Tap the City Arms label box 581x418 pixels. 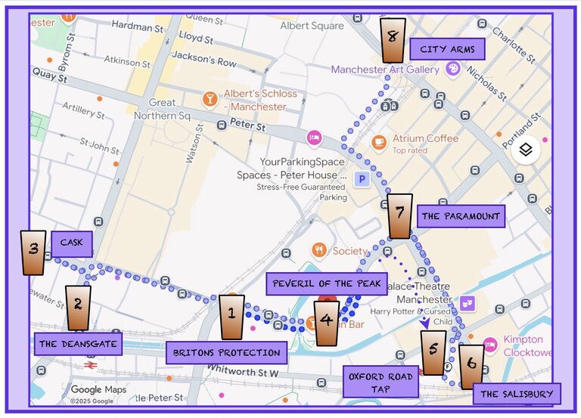point(447,51)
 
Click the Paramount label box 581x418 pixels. point(461,216)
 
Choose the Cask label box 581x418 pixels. point(72,243)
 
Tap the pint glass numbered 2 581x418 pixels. point(78,308)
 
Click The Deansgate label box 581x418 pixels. point(78,344)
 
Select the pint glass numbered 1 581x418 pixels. point(232,317)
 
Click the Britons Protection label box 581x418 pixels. point(227,352)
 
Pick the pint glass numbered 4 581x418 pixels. point(326,323)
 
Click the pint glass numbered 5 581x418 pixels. point(433,352)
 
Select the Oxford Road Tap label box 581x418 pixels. point(381,382)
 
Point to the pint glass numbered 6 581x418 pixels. point(471,366)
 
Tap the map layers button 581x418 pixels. point(527,150)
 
